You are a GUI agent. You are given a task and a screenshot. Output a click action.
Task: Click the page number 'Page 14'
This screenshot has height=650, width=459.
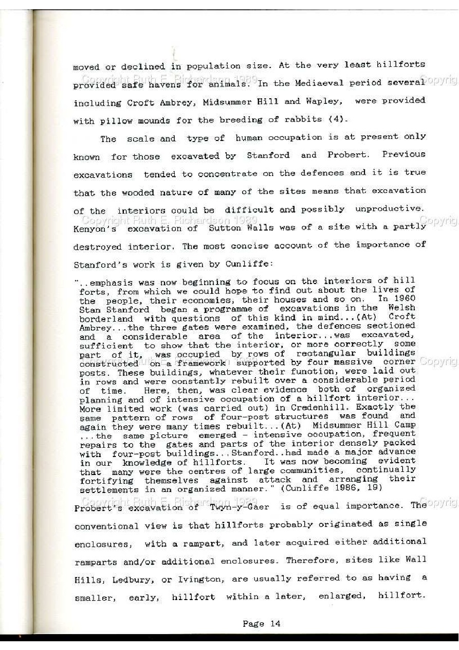click(261, 624)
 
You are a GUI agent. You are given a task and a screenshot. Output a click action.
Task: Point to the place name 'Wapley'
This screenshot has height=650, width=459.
click(324, 101)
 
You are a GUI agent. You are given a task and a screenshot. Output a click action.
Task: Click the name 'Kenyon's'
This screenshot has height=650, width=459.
click(95, 229)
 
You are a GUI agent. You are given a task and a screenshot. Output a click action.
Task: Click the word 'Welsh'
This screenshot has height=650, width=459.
click(400, 307)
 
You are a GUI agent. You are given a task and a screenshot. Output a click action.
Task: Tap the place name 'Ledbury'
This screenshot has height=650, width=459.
click(131, 580)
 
